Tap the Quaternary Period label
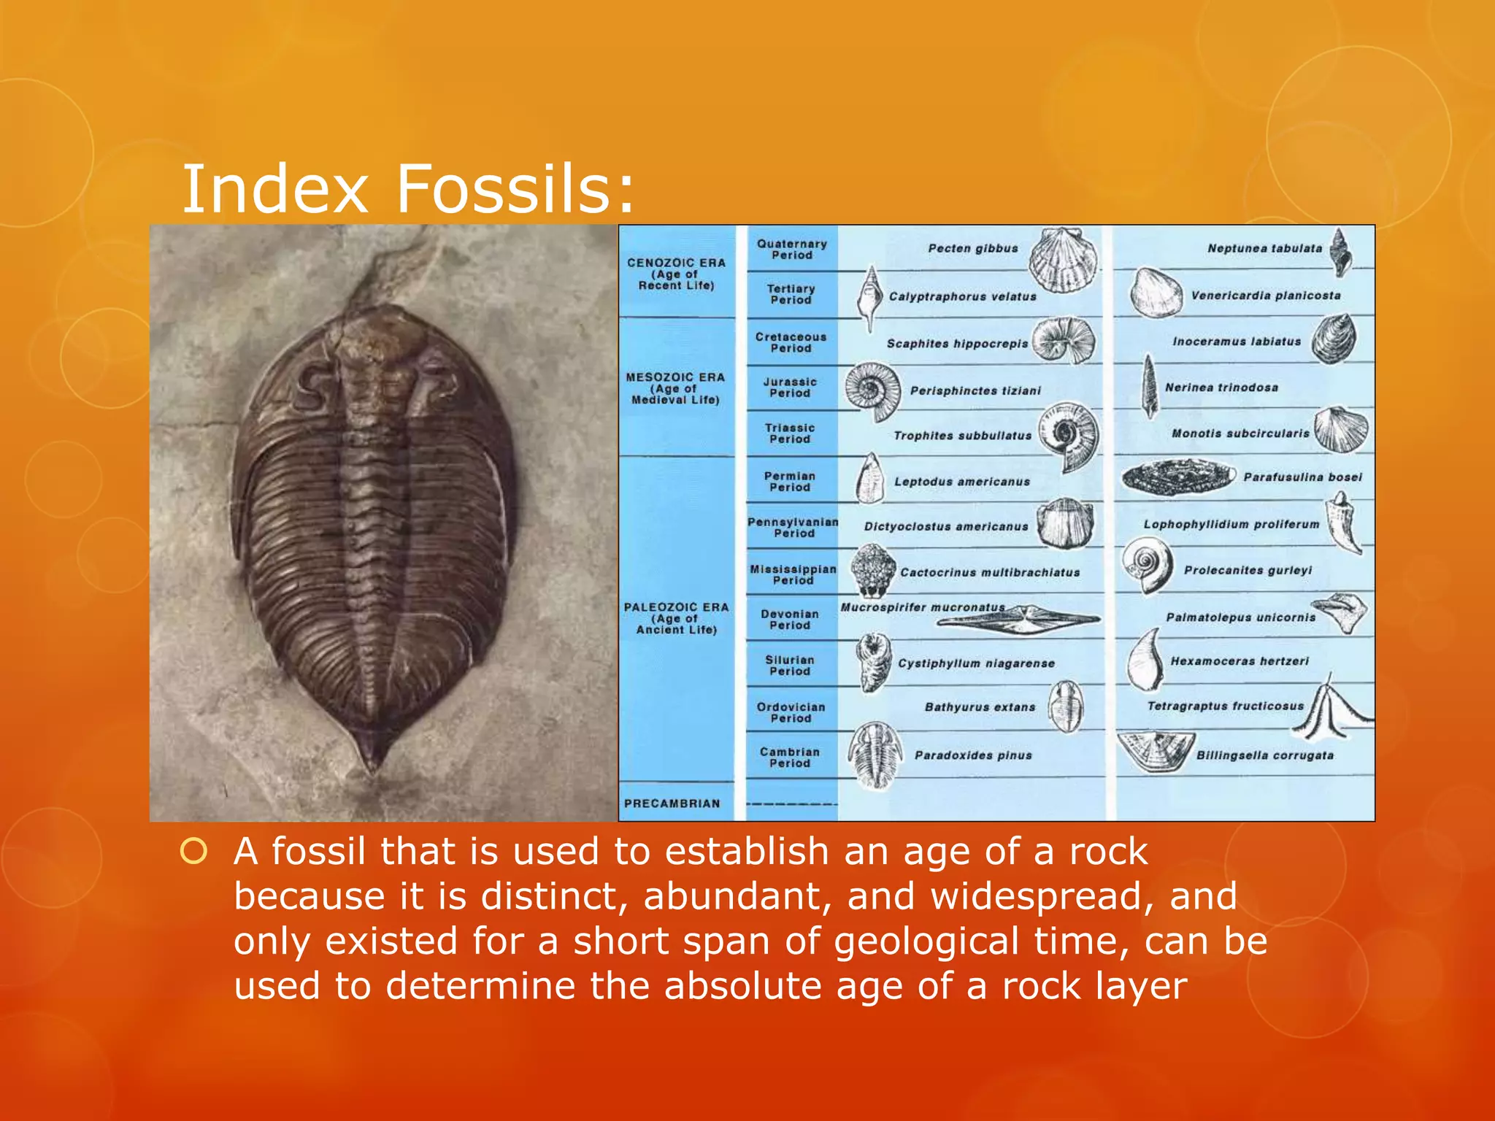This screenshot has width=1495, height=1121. coord(792,250)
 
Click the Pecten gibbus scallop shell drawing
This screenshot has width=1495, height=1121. coord(1064,260)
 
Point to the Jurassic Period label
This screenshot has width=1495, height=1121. coord(790,388)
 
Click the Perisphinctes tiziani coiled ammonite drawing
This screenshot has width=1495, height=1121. coord(872,390)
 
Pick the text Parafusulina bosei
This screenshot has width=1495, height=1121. coord(1302,477)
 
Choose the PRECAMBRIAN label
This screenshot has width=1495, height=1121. coord(672,804)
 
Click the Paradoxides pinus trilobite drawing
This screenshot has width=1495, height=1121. coord(873,755)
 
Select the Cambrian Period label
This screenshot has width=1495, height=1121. coord(789,758)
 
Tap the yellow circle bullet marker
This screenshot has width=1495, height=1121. coord(193,851)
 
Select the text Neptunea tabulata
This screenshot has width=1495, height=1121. coord(1264,249)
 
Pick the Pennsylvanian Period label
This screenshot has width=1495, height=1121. coord(793,528)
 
